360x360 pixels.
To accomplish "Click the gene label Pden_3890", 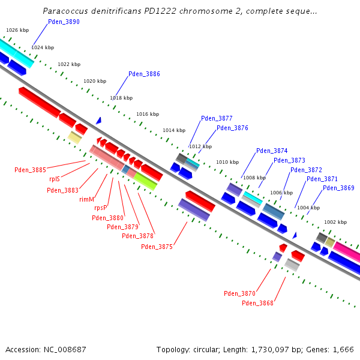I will [64, 22].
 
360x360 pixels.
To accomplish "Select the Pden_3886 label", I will [144, 74].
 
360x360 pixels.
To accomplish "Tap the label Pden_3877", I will [217, 119].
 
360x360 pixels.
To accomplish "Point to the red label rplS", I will [55, 179].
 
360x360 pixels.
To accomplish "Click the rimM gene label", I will [86, 199].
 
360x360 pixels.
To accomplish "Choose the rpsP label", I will [100, 208].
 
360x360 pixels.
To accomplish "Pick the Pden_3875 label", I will [157, 247].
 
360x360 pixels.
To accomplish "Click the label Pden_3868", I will [257, 303].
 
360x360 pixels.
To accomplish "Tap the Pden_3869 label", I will [338, 188].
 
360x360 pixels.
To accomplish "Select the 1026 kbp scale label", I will [17, 30].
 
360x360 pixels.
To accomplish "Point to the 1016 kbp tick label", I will [148, 114].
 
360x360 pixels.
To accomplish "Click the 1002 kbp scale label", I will [335, 222].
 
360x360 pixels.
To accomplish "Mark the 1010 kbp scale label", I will [227, 162].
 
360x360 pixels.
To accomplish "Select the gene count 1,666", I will [343, 349].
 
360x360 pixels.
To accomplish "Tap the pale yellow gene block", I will [74, 137].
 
